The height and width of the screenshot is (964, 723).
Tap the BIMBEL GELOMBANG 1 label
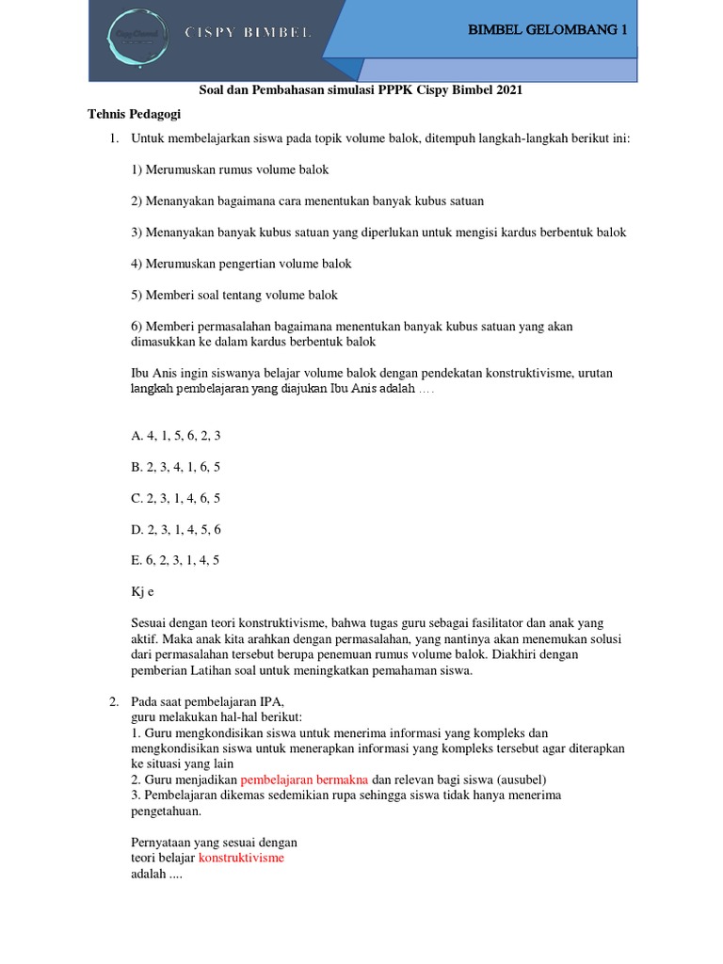(547, 30)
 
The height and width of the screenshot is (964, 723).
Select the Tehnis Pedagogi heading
(135, 114)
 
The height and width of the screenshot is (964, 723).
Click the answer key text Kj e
(142, 592)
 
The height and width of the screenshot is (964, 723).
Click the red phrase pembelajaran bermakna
(304, 779)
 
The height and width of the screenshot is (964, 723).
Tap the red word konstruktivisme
(241, 858)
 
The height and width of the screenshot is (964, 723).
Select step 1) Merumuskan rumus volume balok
(230, 169)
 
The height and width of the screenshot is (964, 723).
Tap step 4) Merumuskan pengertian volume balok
(241, 264)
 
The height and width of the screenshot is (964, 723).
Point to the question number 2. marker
(113, 702)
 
